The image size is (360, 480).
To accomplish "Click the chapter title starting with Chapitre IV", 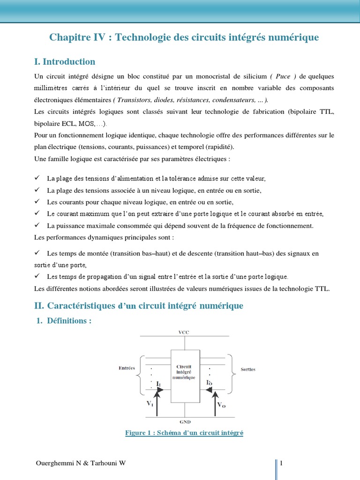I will tap(184, 37).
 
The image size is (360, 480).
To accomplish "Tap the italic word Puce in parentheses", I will tap(282, 76).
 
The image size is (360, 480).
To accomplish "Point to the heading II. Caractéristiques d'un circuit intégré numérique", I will tap(139, 306).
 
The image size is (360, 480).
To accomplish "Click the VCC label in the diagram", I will tap(184, 332).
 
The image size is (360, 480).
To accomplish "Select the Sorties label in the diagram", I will tap(248, 369).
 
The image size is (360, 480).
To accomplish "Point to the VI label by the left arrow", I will tap(150, 404).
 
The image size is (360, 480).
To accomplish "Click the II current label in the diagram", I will tap(159, 384).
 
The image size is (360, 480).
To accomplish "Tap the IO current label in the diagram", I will tap(210, 383).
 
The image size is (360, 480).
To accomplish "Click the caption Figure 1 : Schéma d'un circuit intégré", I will tap(184, 433).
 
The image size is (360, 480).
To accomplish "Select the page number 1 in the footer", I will tap(281, 464).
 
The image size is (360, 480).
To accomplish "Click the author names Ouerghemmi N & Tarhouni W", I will tap(81, 464).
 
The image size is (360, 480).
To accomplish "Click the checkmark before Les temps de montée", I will tap(37, 253).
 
